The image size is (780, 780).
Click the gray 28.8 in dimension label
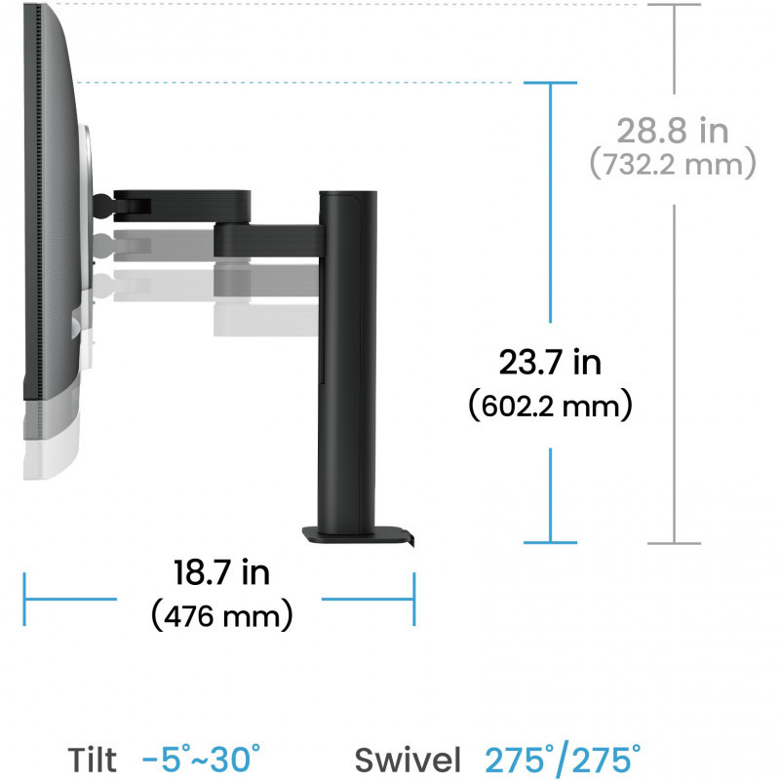[x=673, y=131]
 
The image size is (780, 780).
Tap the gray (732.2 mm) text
[x=673, y=164]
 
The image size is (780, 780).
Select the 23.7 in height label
[x=550, y=362]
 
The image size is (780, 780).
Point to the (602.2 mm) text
[x=550, y=406]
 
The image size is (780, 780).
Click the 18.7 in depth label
[x=222, y=572]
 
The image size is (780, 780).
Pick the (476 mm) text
[x=222, y=616]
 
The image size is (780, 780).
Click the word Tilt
[x=92, y=760]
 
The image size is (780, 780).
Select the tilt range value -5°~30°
[x=201, y=759]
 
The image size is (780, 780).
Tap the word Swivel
[x=408, y=760]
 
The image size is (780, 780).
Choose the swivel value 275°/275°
[x=563, y=760]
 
